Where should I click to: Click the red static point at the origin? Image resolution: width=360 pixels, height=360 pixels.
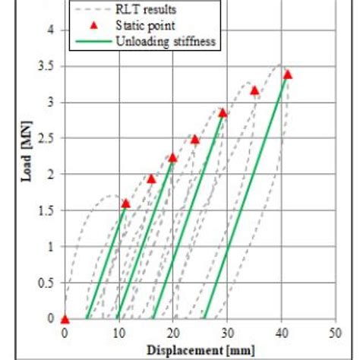tap(65, 319)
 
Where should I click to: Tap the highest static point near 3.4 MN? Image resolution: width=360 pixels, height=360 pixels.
tap(287, 74)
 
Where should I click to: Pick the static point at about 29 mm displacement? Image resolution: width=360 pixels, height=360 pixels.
tap(223, 112)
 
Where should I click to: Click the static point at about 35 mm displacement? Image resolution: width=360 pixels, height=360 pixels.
tap(254, 91)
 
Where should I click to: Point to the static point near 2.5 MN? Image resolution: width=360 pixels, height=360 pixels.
tap(194, 139)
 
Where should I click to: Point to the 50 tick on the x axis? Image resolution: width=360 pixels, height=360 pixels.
tap(335, 333)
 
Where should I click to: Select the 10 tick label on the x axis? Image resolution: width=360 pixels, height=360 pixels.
tap(118, 333)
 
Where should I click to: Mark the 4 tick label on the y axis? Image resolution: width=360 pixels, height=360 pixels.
tap(51, 30)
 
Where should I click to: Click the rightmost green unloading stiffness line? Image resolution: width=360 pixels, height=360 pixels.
tap(245, 197)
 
